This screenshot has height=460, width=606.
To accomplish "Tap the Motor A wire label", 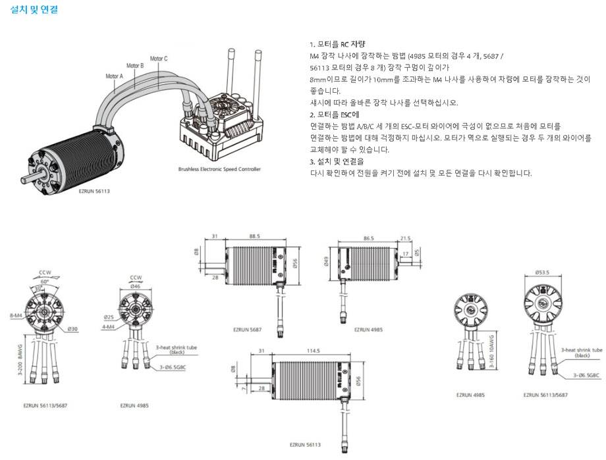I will click(x=114, y=76).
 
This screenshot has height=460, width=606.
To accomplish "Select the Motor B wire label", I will click(x=135, y=66).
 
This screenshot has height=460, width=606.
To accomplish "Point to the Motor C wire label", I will click(x=159, y=59).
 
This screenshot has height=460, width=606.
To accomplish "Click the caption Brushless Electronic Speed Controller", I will click(x=219, y=170).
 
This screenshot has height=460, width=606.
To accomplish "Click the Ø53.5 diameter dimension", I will click(x=542, y=272).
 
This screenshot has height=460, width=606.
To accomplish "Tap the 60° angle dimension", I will click(x=43, y=280).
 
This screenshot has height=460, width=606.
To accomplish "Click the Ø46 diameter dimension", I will click(x=136, y=286).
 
